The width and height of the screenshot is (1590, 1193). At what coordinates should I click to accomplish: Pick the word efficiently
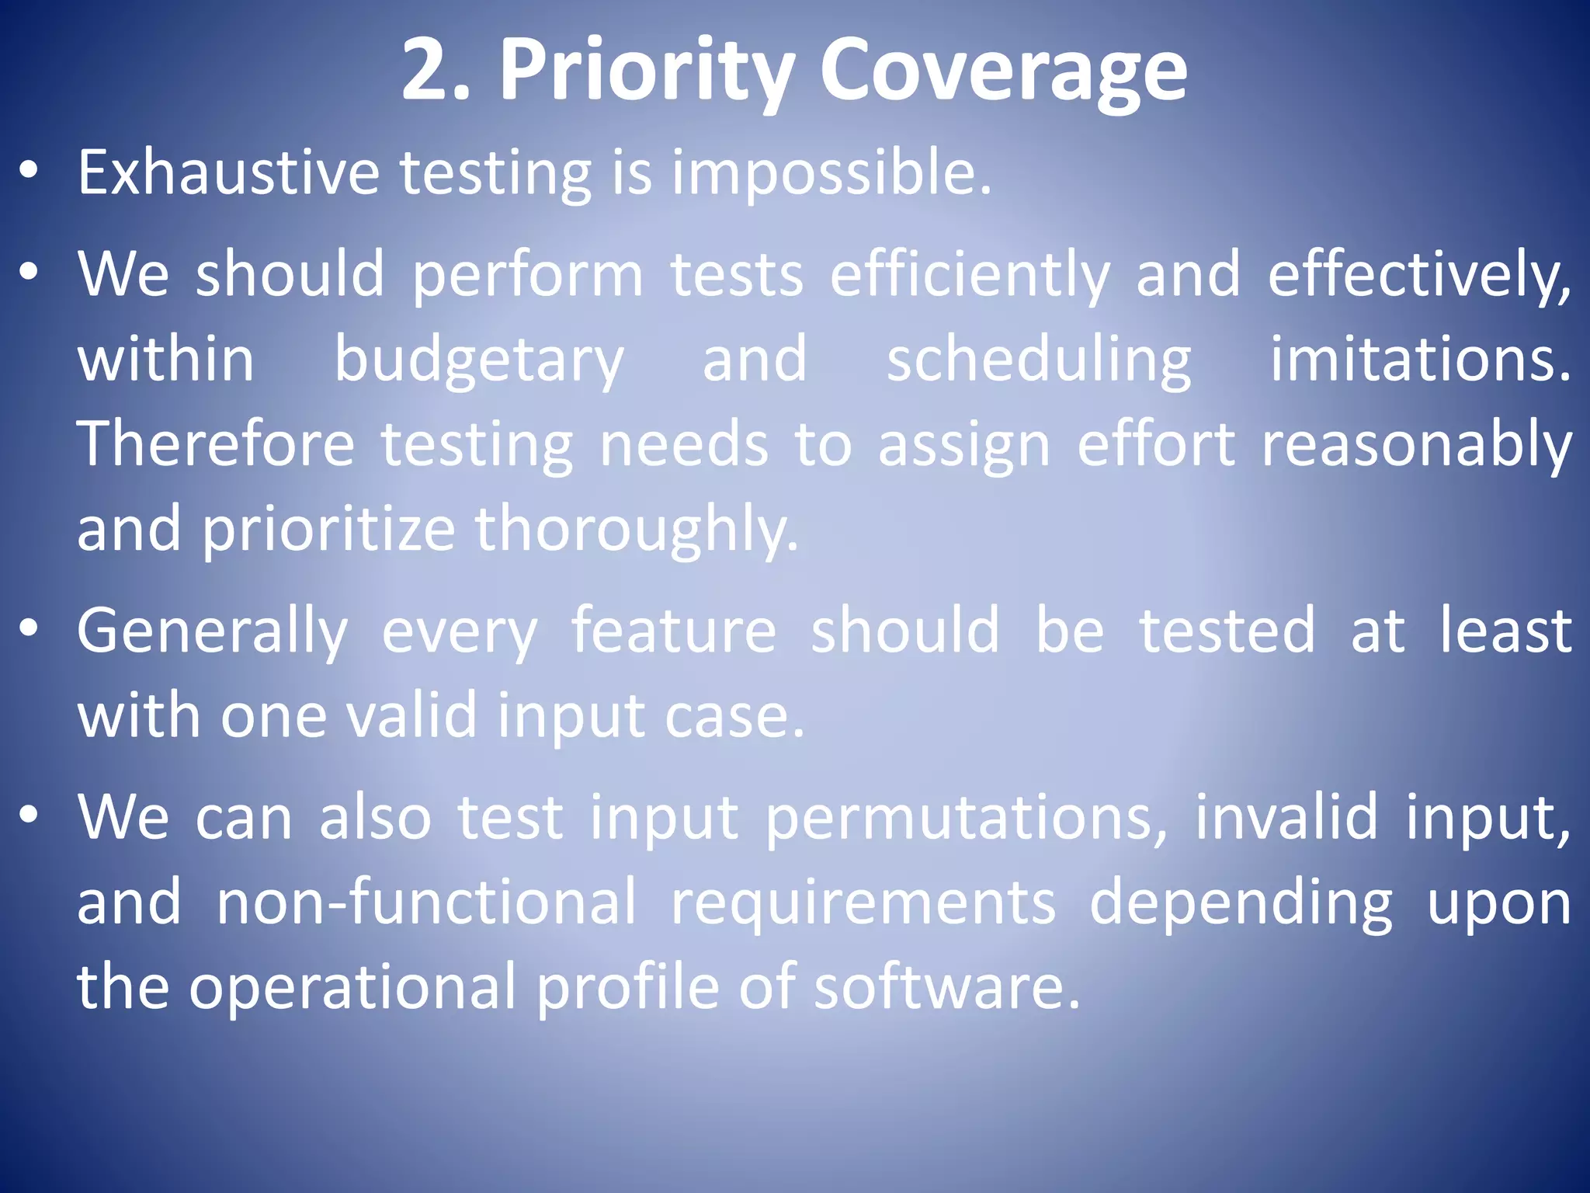[970, 275]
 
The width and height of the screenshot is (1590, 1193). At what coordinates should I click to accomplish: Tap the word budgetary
[478, 360]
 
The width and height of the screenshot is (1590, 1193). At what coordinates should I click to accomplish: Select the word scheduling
[1039, 360]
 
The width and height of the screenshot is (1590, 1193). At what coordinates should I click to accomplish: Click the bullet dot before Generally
[29, 629]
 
